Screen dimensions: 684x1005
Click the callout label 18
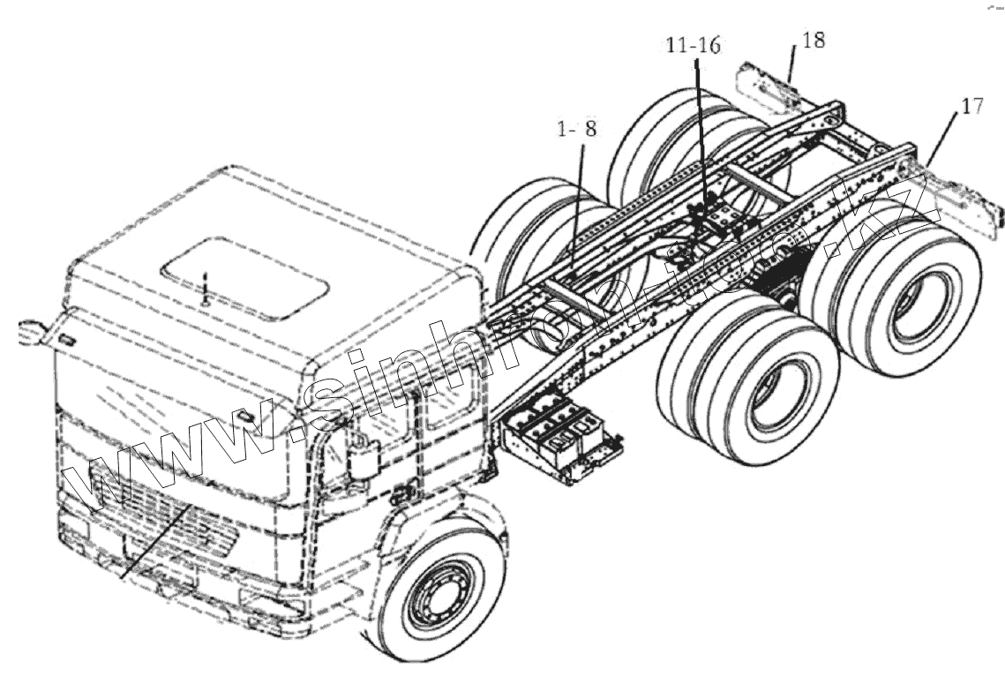(x=814, y=41)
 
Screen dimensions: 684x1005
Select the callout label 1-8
(x=578, y=129)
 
